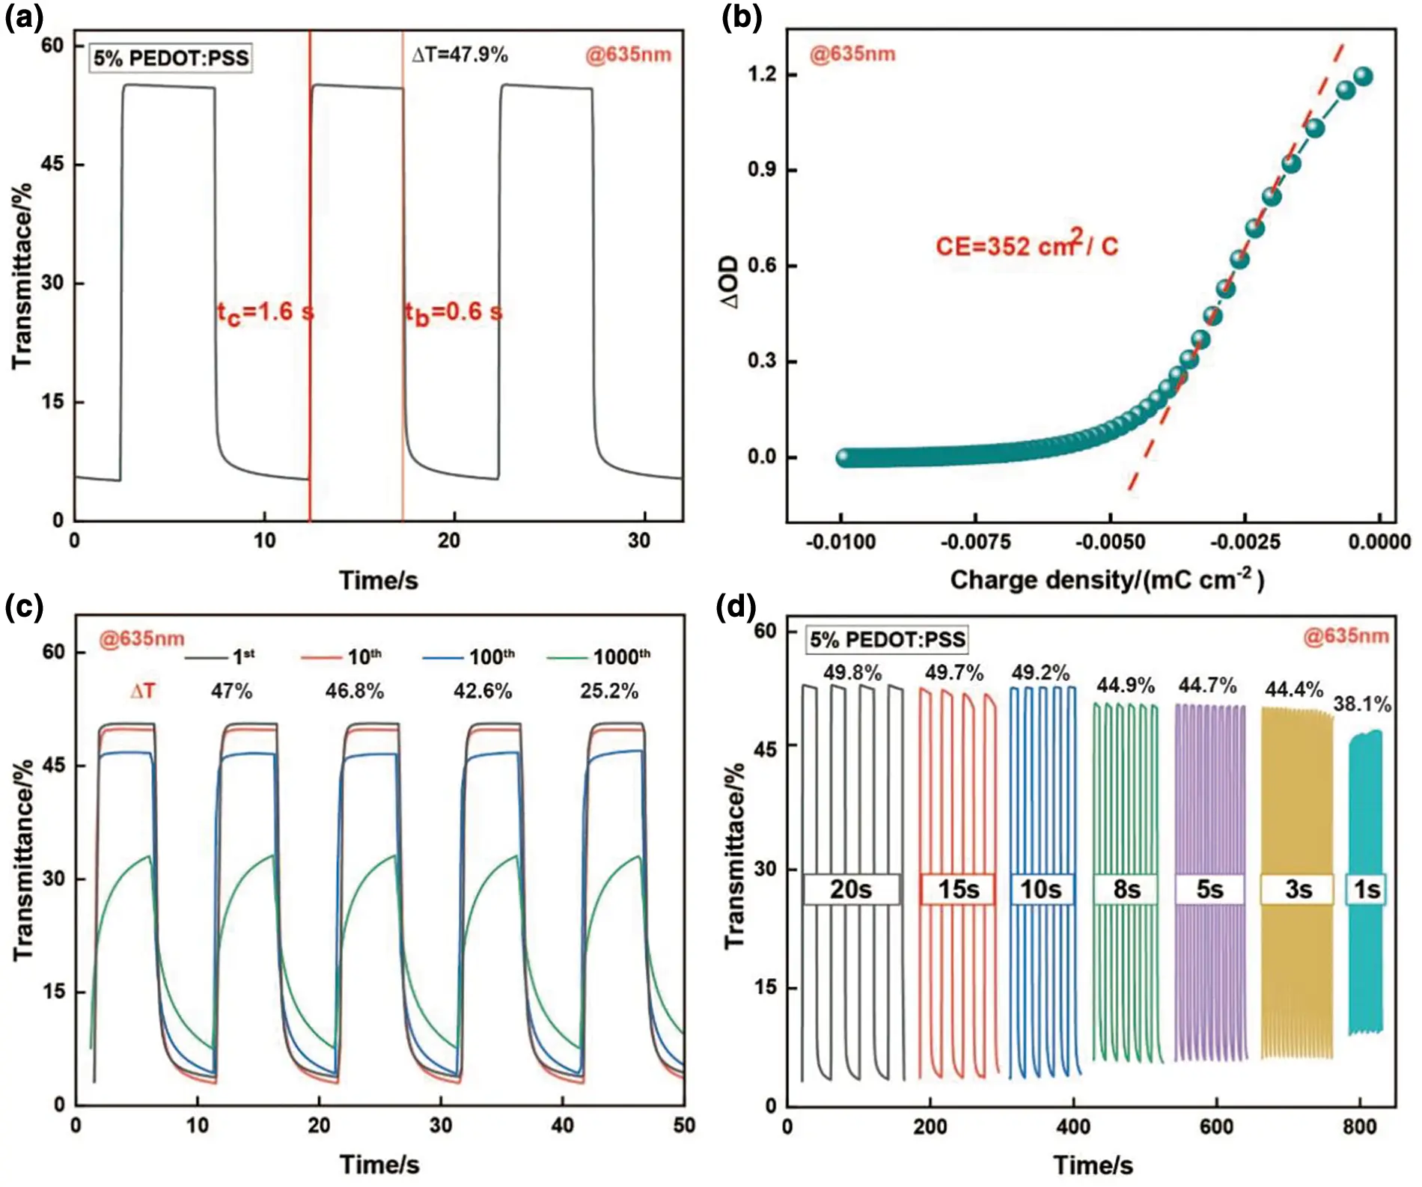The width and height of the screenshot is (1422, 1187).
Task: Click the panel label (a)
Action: (x=24, y=16)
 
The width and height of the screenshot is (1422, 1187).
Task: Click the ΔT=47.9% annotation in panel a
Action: (x=460, y=55)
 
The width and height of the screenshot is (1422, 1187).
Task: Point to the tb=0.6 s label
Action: (x=453, y=312)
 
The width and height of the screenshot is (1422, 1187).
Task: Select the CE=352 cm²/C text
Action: (x=1026, y=245)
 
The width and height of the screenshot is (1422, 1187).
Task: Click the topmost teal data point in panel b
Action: (x=1363, y=76)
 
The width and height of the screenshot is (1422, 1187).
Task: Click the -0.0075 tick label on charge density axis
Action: (x=975, y=542)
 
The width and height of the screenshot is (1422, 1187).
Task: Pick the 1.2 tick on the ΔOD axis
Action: (x=761, y=75)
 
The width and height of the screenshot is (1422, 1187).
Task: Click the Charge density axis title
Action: (x=1106, y=580)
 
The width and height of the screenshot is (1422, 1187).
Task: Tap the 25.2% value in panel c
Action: (x=608, y=691)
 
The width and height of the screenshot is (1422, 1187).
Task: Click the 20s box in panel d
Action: (x=851, y=889)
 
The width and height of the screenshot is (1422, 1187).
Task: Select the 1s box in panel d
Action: (x=1366, y=889)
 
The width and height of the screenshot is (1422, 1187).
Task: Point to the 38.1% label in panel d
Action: (x=1361, y=704)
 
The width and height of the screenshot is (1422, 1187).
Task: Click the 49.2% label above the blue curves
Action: (x=1040, y=673)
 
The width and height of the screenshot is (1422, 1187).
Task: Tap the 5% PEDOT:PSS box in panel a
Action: (x=171, y=58)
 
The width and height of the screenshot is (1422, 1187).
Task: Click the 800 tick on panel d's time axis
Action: (x=1359, y=1126)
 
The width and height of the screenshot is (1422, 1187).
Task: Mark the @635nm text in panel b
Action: (x=852, y=54)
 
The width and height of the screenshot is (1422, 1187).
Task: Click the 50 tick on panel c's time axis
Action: (x=683, y=1126)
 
